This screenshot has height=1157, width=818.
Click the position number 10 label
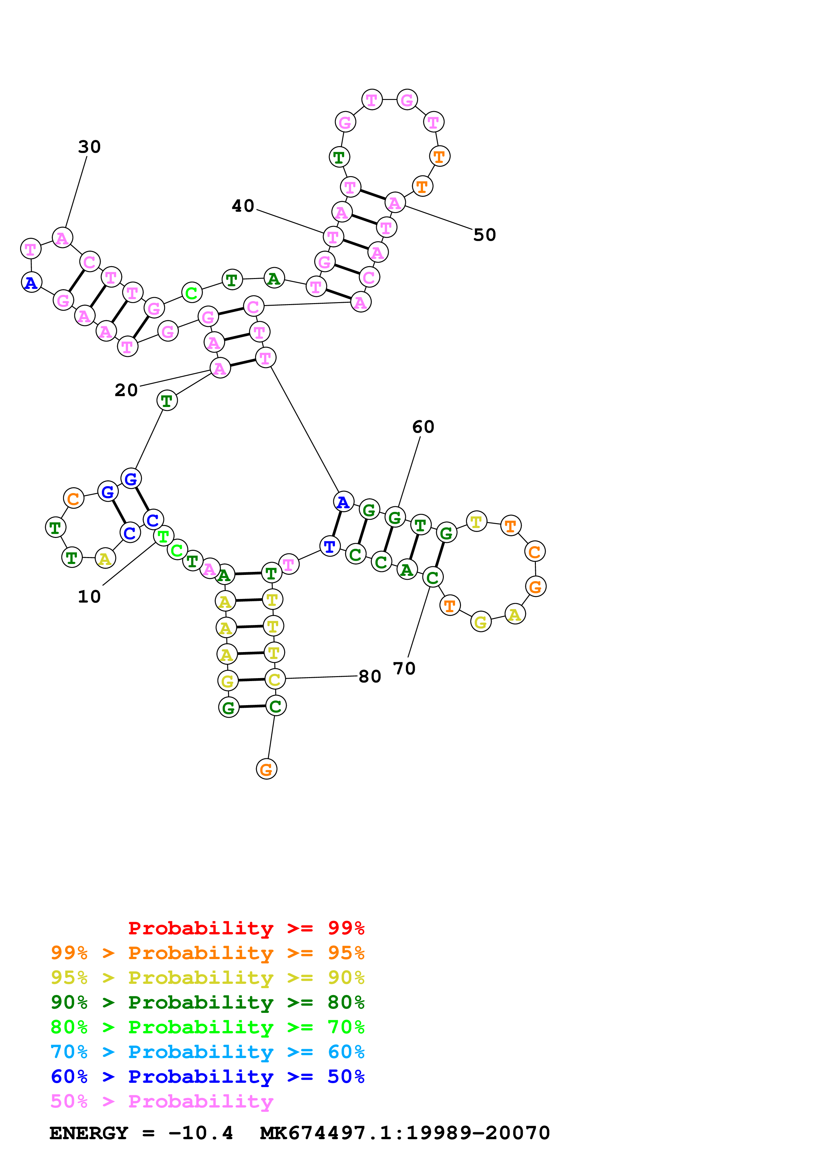89,597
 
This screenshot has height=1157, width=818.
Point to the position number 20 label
126,390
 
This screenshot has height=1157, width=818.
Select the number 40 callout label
243,205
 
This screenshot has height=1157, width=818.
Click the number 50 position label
484,235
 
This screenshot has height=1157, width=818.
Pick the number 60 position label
423,427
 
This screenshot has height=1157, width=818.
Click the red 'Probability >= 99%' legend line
246,928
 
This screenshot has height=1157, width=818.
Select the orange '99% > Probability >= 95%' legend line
207,953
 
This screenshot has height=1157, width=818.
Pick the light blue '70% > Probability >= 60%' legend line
207,1052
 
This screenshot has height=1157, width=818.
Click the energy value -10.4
201,1133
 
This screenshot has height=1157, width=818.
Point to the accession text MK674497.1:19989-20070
405,1133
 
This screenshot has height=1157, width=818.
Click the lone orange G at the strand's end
266,769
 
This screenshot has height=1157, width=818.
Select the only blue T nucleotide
330,546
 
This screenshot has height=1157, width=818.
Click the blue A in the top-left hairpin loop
31,283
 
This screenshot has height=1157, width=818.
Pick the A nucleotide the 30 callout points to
62,238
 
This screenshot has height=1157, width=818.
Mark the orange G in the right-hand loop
535,586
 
